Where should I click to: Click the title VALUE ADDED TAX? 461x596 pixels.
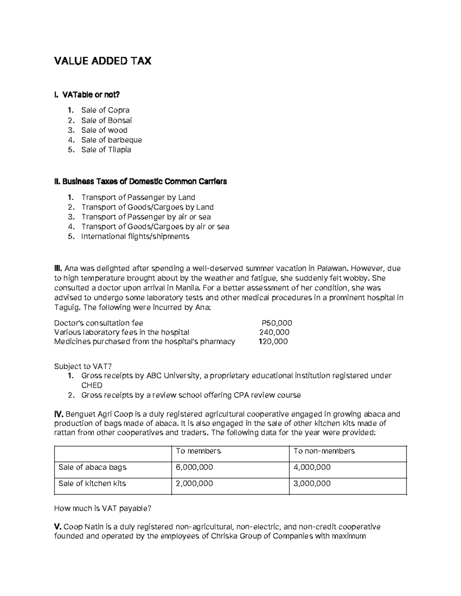click(x=103, y=61)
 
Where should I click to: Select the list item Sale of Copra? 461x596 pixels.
click(x=105, y=110)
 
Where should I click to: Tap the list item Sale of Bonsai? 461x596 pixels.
click(x=106, y=120)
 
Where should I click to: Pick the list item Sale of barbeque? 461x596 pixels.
click(x=111, y=140)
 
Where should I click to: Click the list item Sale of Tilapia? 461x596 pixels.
click(x=106, y=150)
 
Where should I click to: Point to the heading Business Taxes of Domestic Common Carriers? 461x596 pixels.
click(x=141, y=182)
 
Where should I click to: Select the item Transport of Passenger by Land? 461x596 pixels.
click(x=138, y=197)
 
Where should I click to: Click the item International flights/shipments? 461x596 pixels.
click(x=135, y=236)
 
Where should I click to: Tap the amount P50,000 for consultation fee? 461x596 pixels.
click(x=277, y=323)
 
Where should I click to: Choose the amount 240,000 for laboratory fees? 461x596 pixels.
click(x=274, y=332)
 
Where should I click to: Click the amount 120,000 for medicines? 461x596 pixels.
click(x=273, y=342)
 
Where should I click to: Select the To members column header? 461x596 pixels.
click(x=198, y=451)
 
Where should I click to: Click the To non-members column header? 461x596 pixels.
click(x=324, y=451)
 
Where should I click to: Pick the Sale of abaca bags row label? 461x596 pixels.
click(x=92, y=467)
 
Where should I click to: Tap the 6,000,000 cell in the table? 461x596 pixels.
click(x=194, y=467)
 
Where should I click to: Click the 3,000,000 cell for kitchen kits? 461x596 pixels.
click(x=312, y=484)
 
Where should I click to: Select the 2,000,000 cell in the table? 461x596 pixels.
click(x=194, y=484)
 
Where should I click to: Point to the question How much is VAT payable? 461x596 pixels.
click(x=103, y=508)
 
